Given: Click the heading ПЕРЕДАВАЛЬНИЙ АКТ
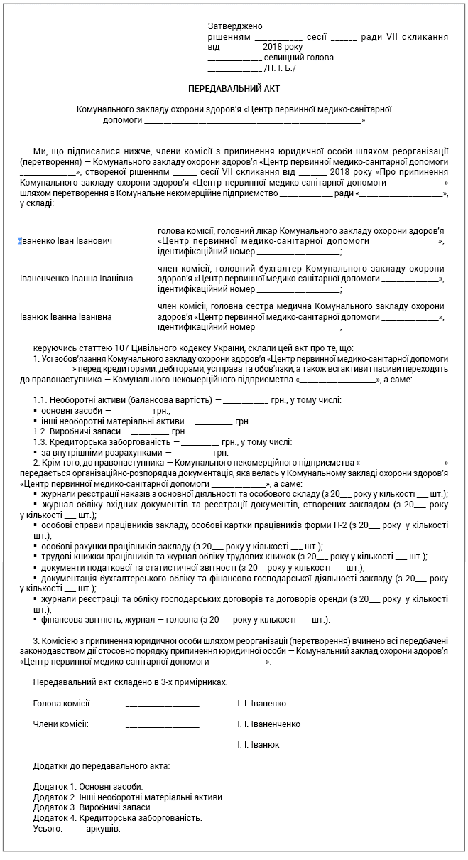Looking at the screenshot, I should (234, 88).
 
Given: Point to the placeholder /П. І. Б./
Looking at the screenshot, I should (280, 68).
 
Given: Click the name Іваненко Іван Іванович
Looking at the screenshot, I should (66, 242).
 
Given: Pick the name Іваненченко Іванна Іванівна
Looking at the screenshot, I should (77, 279).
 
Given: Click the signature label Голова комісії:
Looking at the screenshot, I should (62, 704).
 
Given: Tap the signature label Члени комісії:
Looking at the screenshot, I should (61, 724).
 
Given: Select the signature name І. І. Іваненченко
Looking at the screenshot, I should (268, 724).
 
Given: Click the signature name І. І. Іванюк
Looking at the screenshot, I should (259, 745).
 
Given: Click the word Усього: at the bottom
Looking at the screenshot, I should (47, 829).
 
